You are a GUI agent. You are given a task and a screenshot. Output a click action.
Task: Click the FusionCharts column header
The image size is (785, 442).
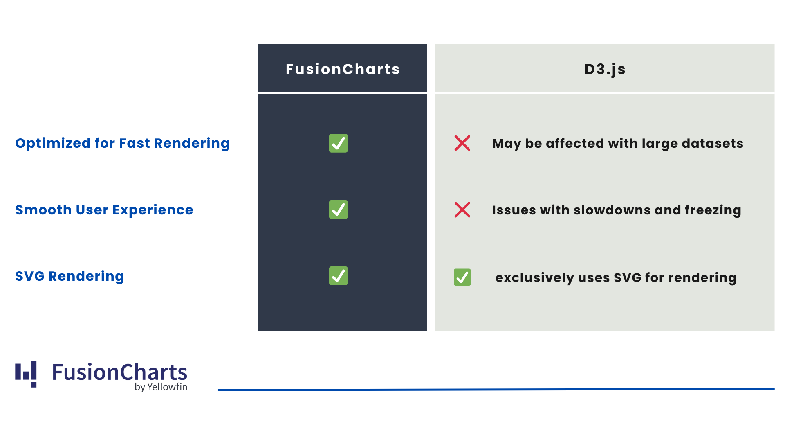click(343, 69)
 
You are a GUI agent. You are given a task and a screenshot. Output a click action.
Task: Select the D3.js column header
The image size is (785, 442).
click(605, 70)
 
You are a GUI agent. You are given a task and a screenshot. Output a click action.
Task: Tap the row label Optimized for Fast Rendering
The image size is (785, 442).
click(122, 143)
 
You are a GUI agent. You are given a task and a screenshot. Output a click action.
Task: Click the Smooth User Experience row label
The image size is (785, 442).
click(104, 210)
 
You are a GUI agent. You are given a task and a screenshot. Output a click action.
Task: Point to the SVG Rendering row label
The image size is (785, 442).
click(70, 276)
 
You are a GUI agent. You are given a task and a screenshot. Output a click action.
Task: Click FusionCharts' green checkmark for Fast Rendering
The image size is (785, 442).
click(339, 143)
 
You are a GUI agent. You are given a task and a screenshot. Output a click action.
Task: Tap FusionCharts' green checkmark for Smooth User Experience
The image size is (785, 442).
click(339, 210)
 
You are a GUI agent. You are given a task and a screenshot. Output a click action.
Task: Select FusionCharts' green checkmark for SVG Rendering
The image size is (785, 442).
click(339, 276)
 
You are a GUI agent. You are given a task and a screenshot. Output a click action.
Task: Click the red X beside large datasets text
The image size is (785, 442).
click(462, 143)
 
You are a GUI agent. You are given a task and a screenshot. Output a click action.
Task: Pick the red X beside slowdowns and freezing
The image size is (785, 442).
click(462, 210)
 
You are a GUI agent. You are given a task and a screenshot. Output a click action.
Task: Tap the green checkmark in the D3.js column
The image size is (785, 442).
click(462, 277)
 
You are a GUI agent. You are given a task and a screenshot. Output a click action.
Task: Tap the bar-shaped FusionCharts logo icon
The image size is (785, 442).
click(26, 374)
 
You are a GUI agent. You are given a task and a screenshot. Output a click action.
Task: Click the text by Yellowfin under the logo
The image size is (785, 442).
click(161, 387)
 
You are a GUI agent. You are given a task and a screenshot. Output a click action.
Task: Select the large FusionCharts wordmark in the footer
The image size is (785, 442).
click(119, 372)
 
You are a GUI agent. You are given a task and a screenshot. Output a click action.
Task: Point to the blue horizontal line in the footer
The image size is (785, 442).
click(496, 390)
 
